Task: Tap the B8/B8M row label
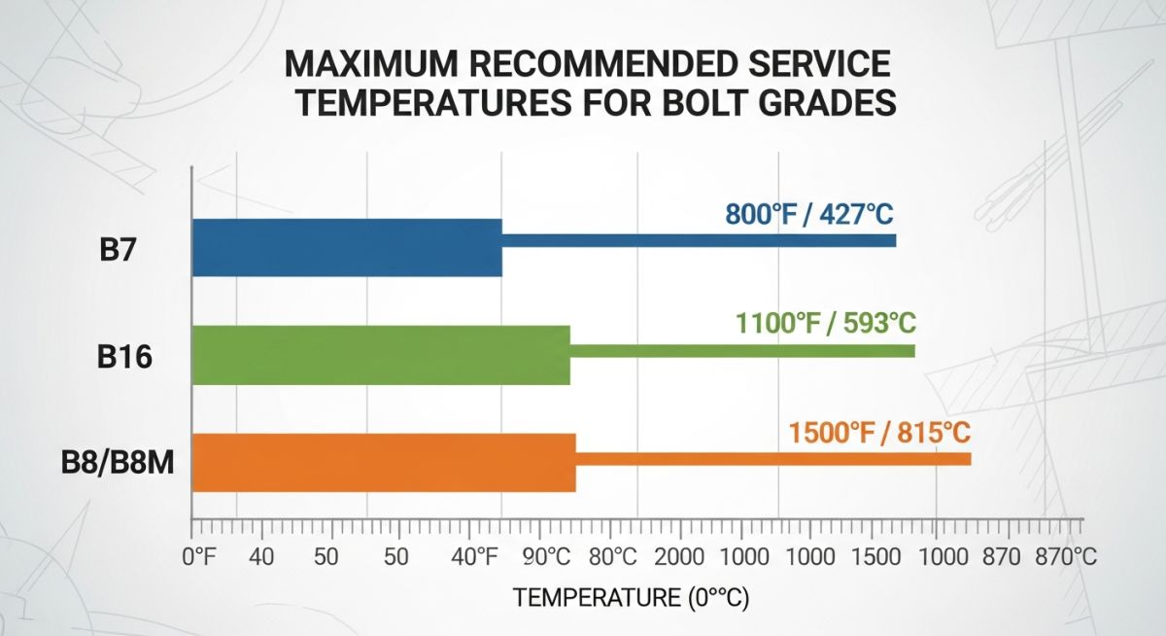tap(118, 464)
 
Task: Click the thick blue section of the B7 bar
tap(347, 248)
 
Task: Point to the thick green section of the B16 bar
tap(381, 355)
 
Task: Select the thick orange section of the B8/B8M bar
tap(384, 462)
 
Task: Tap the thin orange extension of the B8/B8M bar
tap(772, 458)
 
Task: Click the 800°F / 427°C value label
tap(809, 214)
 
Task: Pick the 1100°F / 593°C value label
tap(825, 323)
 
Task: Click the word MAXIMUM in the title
tap(380, 65)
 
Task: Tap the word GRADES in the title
tap(820, 103)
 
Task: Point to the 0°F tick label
tap(199, 558)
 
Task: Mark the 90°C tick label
tap(547, 558)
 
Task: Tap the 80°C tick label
tap(613, 558)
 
